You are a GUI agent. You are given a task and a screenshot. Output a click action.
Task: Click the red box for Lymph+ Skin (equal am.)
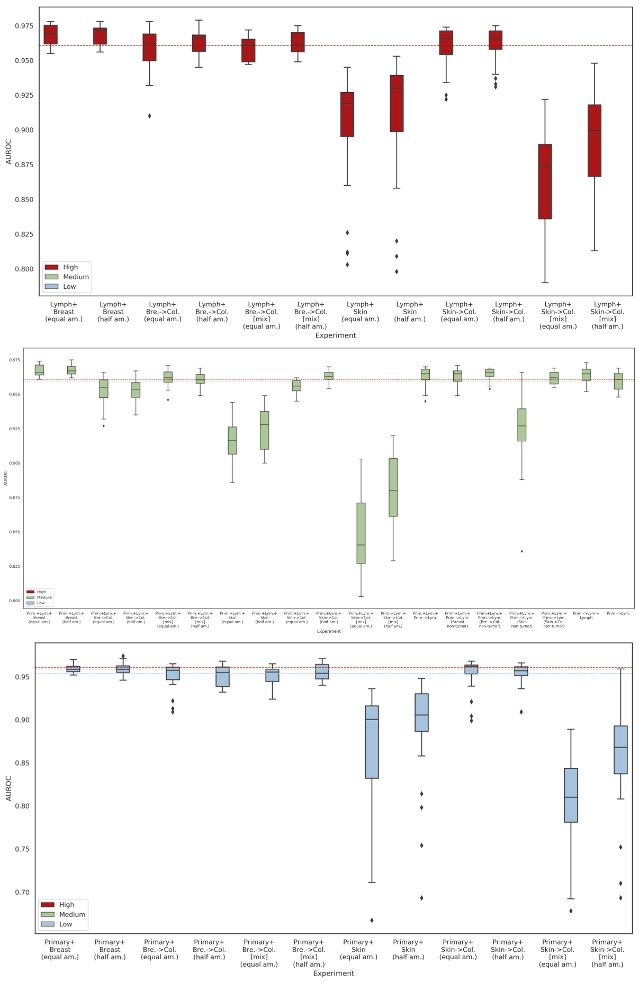[347, 114]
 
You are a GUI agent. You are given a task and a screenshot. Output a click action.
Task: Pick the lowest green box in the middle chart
[361, 533]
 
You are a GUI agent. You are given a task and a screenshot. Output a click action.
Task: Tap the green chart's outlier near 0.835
[522, 551]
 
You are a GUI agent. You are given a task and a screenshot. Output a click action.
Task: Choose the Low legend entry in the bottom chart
[66, 924]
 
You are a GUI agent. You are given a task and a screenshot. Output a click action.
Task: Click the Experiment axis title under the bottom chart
[334, 973]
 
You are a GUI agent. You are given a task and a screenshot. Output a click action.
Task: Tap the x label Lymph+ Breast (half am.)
[113, 312]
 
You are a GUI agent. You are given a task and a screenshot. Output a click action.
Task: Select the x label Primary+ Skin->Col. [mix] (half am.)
[607, 953]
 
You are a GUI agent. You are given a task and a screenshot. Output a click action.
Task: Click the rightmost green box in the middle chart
[618, 381]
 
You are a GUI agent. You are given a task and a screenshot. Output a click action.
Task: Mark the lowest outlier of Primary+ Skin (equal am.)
[372, 920]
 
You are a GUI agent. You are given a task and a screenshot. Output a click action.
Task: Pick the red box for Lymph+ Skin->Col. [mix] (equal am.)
[545, 181]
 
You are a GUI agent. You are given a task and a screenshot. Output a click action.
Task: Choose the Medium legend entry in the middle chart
[41, 597]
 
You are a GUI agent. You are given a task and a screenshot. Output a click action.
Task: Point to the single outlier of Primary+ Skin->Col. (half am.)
[521, 712]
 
